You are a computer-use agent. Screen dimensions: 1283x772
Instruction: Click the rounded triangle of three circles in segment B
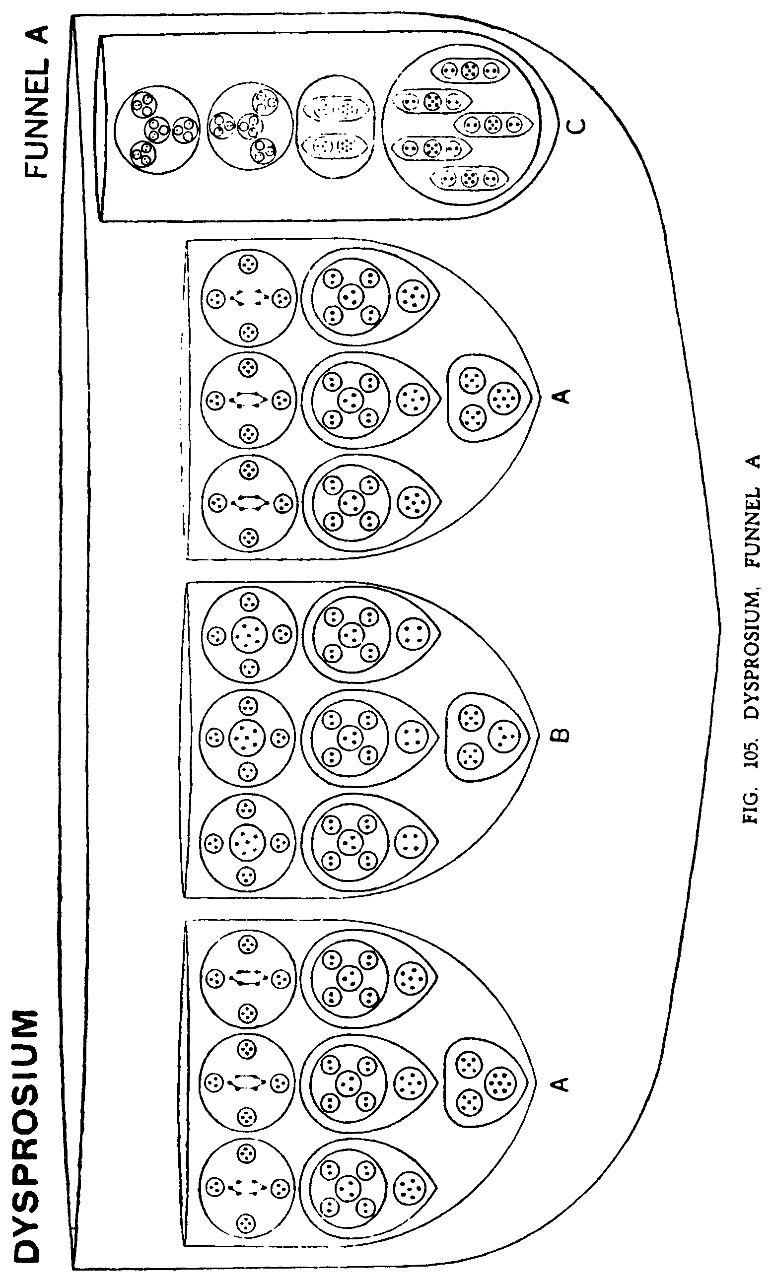tap(487, 737)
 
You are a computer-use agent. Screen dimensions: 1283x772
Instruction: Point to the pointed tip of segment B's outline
tap(537, 737)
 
